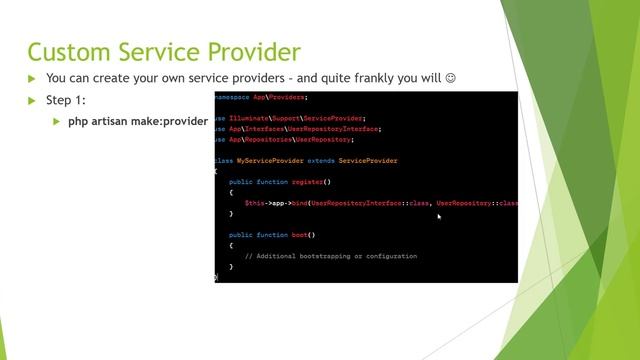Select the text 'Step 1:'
pos(66,100)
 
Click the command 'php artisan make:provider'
pos(138,121)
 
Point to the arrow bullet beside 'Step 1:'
pos(31,100)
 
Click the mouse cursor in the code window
pos(439,216)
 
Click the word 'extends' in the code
pos(321,160)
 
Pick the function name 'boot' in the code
pos(301,235)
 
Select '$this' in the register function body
pos(254,203)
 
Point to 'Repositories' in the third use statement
pos(264,139)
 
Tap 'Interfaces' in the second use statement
pos(261,128)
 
